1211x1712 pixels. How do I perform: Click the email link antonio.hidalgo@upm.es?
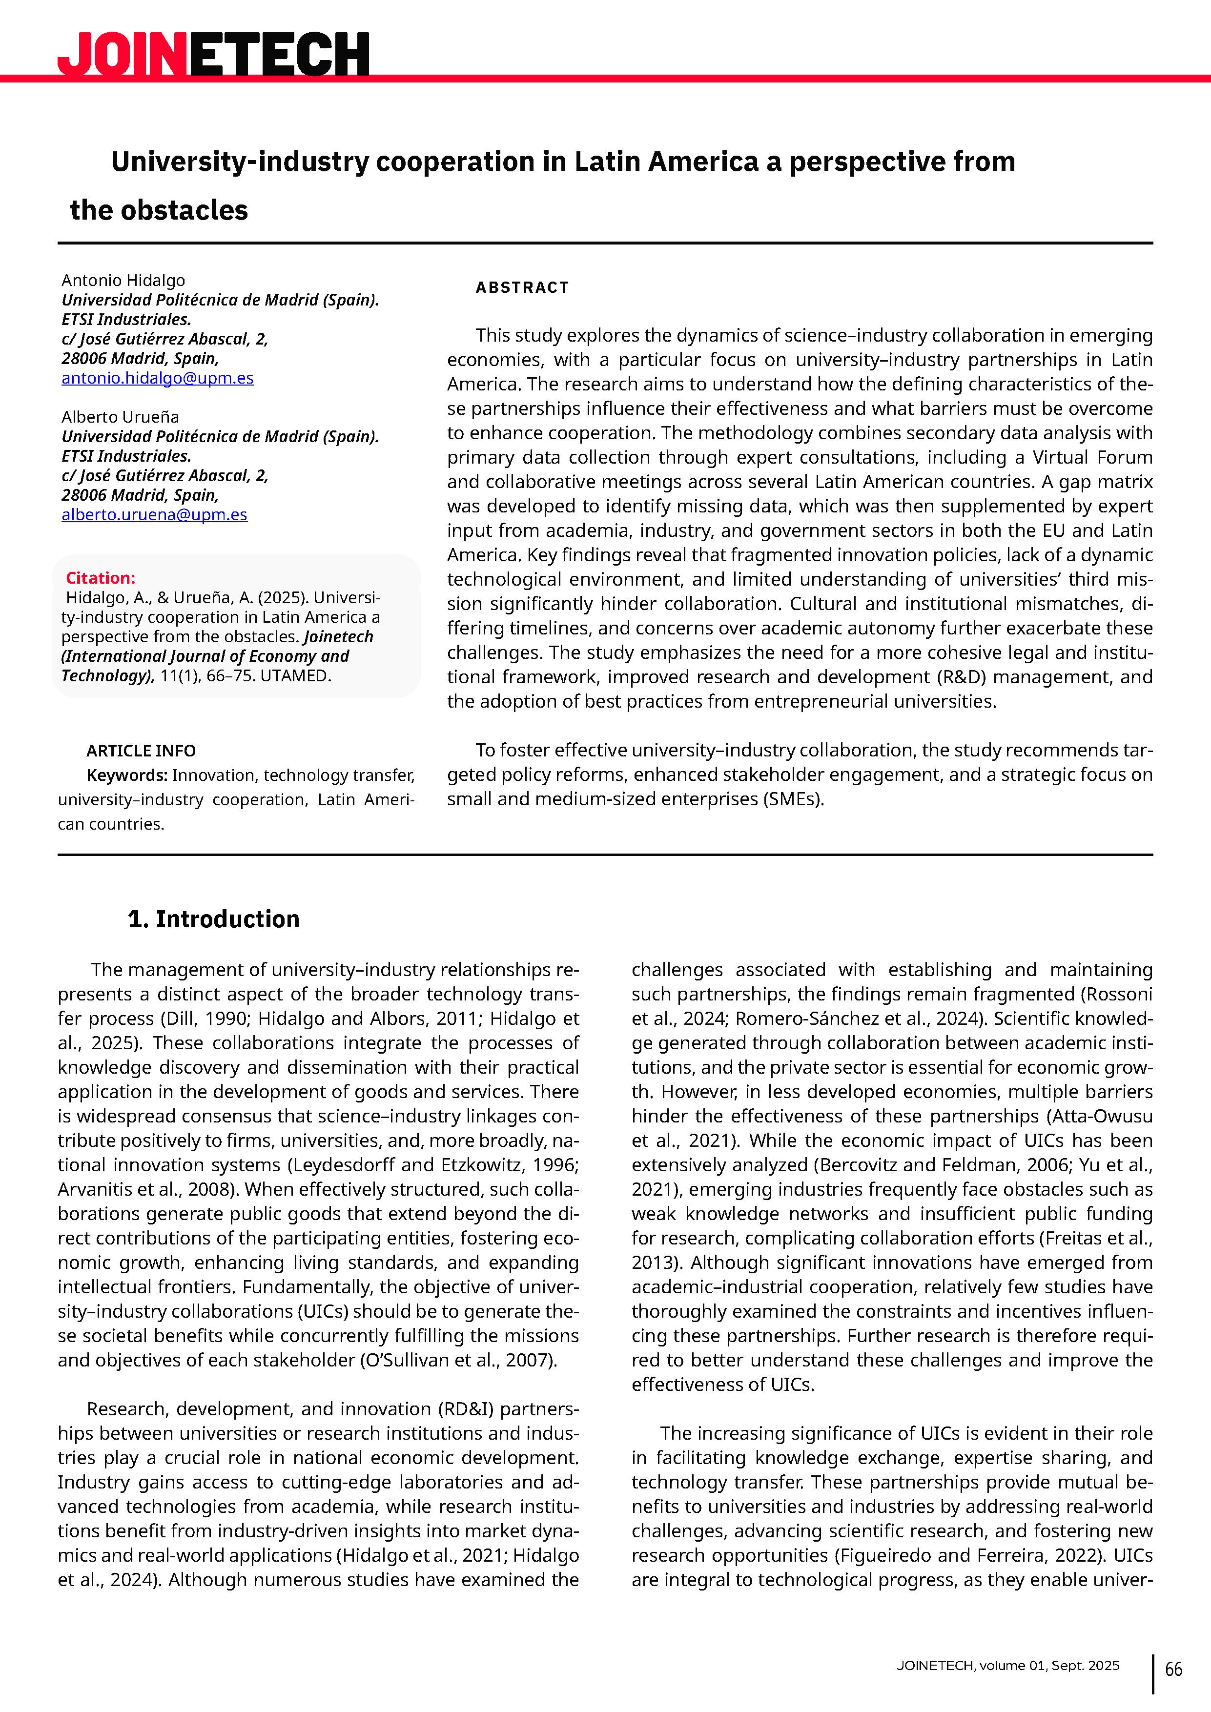(x=157, y=378)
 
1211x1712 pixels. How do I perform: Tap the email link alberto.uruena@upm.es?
(x=154, y=514)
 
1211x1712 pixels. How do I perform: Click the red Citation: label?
(x=100, y=578)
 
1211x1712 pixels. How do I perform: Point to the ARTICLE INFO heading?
(x=141, y=751)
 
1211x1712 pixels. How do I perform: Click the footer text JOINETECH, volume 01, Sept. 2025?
(x=1007, y=1665)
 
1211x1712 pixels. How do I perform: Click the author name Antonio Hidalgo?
(x=123, y=280)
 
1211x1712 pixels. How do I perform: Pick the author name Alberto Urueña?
(x=120, y=417)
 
